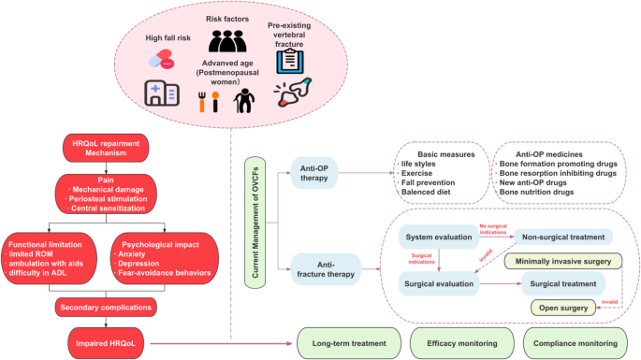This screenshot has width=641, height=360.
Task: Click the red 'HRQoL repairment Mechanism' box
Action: [x=106, y=148]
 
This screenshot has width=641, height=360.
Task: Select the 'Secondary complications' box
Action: [x=106, y=308]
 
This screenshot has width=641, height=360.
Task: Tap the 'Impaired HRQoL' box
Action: [x=106, y=343]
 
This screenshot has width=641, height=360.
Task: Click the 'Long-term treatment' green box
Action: [x=349, y=343]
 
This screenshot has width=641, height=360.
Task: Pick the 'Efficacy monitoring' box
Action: [x=462, y=343]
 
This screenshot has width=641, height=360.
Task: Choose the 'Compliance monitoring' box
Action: [x=575, y=343]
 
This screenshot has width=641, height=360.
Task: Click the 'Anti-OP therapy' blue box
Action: [x=314, y=173]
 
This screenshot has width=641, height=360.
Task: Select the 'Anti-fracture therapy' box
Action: [x=326, y=269]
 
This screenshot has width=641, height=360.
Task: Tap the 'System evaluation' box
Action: [x=439, y=237]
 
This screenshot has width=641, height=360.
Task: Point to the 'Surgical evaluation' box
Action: [x=439, y=283]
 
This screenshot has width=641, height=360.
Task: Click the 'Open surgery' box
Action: [x=563, y=308]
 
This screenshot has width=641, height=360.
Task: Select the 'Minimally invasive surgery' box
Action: [x=563, y=261]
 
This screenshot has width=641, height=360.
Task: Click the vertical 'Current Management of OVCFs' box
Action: [x=255, y=223]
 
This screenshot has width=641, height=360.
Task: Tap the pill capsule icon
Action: [x=162, y=59]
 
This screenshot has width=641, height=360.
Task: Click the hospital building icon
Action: [x=162, y=94]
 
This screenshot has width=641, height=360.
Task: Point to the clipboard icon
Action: [x=290, y=62]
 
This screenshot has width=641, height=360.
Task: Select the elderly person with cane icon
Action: [x=244, y=101]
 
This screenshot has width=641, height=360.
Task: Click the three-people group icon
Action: [x=227, y=41]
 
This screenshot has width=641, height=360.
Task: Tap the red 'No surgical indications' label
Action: [x=493, y=229]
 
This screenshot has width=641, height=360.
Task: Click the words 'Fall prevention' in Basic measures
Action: [x=428, y=182]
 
